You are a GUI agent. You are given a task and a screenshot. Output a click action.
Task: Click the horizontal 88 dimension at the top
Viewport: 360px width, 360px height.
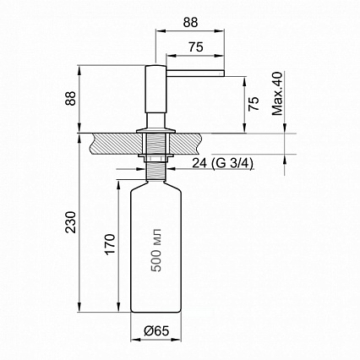point(190,23)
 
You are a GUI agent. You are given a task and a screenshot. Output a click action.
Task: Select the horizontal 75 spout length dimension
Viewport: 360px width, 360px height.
point(196,47)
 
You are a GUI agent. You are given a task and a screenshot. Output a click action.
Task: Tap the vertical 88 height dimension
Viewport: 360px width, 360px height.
point(71,98)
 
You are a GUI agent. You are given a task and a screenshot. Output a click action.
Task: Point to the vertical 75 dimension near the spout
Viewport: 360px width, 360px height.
point(254,104)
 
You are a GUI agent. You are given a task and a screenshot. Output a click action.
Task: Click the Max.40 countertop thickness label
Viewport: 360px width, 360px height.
point(277,94)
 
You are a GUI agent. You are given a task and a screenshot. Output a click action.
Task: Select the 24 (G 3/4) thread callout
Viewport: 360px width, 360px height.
point(222,163)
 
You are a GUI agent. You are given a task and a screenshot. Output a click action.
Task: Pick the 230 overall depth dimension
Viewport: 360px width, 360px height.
point(71,222)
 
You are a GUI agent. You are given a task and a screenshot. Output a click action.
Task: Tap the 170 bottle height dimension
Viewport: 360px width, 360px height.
point(111,244)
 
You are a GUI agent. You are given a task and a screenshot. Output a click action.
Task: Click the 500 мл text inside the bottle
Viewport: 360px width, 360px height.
point(156,250)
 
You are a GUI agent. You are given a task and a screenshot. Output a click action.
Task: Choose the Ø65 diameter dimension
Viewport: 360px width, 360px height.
point(156,331)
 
